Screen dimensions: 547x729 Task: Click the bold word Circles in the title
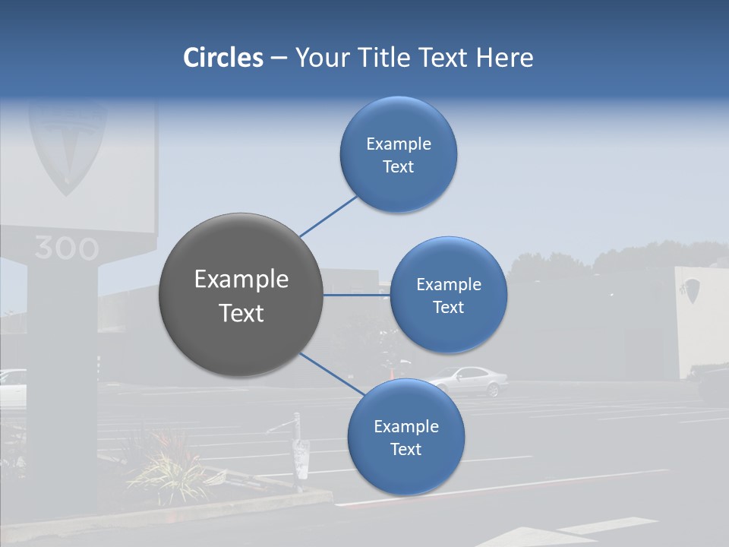pos(223,58)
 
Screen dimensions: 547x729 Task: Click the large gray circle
pos(241,295)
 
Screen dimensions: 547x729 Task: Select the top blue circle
pos(398,155)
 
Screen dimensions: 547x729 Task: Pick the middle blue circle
pos(448,295)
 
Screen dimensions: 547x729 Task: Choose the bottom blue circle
pos(406,437)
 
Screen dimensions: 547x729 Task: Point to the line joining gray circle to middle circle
pos(356,295)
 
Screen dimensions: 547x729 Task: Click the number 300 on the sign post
pos(66,248)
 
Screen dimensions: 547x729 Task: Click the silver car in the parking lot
pos(471,380)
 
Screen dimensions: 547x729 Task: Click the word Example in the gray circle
pos(241,280)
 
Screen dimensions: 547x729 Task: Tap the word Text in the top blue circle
pos(398,167)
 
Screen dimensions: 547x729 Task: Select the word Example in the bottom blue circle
pos(406,426)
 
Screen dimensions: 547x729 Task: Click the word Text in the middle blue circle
pos(448,308)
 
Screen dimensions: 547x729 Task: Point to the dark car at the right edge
pos(715,384)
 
